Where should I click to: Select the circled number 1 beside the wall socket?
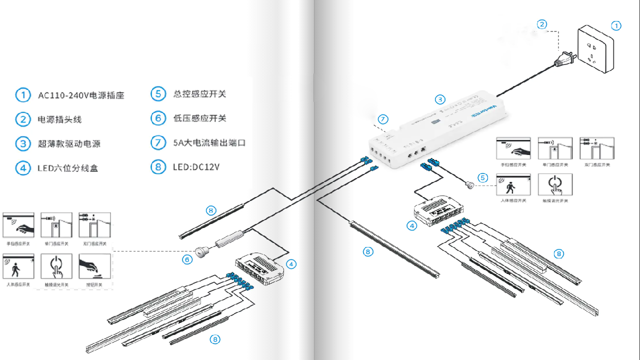click(616, 25)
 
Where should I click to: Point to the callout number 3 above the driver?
click(439, 99)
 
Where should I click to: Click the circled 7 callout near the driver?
click(382, 119)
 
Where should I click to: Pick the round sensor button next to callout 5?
click(470, 184)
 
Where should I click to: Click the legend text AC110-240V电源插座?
click(81, 95)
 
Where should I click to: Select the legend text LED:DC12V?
click(195, 167)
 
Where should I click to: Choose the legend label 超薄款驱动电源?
click(69, 143)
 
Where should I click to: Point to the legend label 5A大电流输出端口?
click(209, 142)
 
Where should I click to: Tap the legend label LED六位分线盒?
click(67, 168)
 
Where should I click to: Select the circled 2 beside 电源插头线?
click(23, 119)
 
